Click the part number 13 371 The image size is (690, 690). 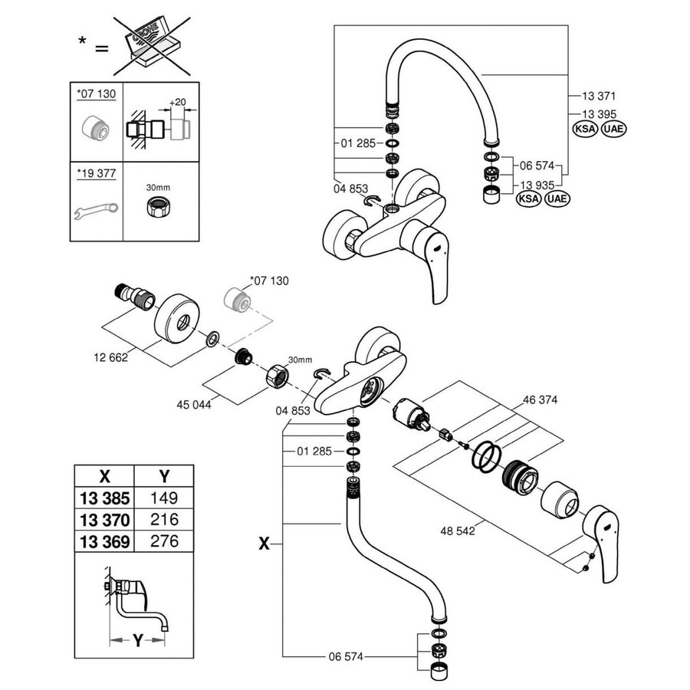(595, 97)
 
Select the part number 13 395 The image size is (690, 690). (595, 113)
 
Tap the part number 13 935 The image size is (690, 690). (537, 185)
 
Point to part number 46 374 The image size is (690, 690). (540, 399)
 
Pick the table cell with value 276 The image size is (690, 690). (163, 540)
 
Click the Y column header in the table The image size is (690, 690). (163, 473)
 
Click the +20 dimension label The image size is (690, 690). (178, 102)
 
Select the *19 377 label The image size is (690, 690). (96, 173)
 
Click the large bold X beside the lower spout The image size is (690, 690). (264, 543)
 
